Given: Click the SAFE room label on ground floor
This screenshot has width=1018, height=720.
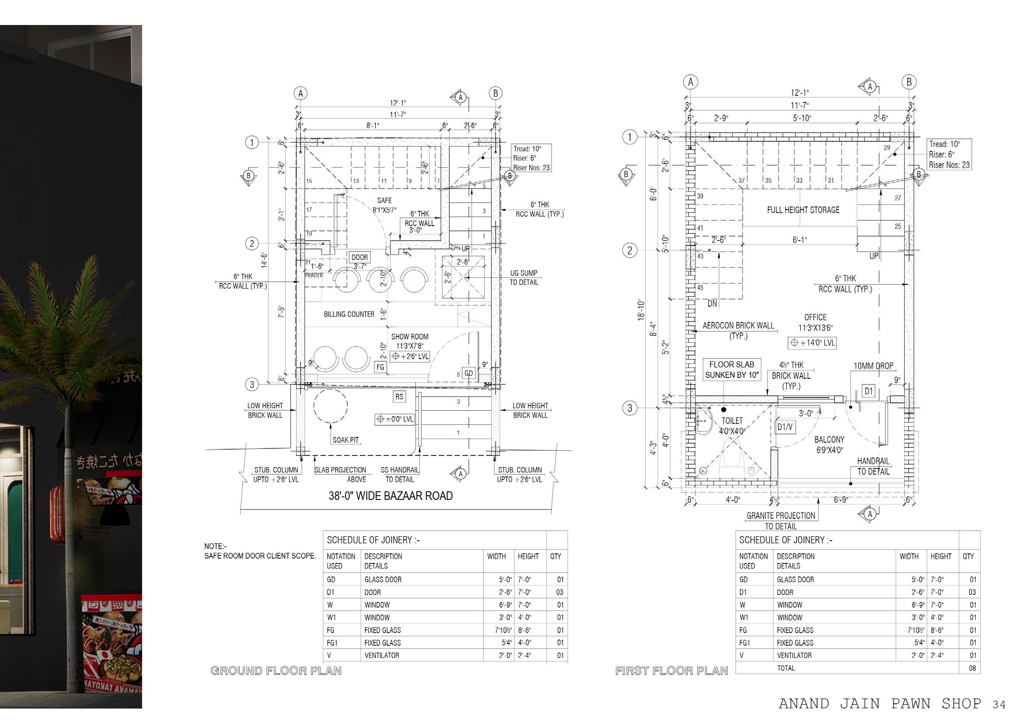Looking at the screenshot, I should [x=384, y=201].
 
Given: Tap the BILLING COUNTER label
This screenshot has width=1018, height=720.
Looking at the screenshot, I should [x=349, y=315].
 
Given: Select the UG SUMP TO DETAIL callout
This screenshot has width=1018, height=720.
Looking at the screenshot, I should [x=524, y=277].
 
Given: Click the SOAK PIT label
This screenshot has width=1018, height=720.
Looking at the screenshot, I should [x=346, y=440].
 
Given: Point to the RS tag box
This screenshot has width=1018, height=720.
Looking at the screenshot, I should [x=399, y=396].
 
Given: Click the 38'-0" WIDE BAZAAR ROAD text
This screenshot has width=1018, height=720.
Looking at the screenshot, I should [x=390, y=496].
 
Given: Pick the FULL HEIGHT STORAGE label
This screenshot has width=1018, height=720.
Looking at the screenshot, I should [x=803, y=210].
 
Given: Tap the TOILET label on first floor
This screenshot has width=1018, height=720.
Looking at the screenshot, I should [x=732, y=421].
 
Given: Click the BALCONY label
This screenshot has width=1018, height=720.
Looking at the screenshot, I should [x=829, y=439].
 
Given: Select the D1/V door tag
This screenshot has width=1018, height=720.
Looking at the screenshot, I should [x=784, y=427].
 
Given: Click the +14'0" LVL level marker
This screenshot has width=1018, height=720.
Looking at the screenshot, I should [x=812, y=343].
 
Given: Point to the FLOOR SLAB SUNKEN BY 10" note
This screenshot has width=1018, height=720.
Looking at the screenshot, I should [x=731, y=370].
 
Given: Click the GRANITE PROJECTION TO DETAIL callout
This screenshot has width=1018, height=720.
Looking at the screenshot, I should [x=781, y=521].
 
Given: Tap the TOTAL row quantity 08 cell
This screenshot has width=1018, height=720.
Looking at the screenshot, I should [x=972, y=668].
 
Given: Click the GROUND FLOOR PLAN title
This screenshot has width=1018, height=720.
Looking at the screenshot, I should [x=276, y=671].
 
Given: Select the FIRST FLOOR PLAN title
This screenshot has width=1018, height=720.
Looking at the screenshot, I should [x=671, y=671].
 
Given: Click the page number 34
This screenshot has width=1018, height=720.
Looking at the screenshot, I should [x=999, y=705].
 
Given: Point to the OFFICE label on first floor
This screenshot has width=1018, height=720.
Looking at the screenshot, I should [x=815, y=318].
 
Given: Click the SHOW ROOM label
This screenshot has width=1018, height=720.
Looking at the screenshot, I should [x=409, y=337].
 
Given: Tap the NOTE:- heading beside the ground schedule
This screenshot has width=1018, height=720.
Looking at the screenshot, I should [x=215, y=546].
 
